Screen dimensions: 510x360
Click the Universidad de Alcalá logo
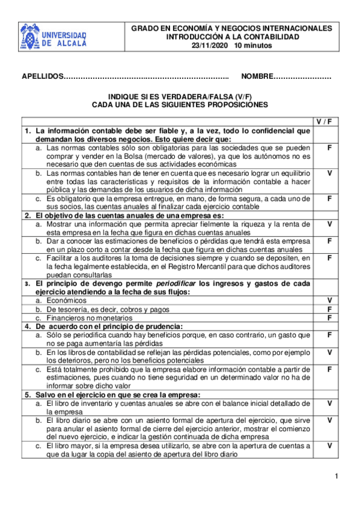[x=53, y=37]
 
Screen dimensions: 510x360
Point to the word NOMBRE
[x=257, y=77]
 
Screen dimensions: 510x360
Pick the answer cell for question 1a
[x=329, y=147]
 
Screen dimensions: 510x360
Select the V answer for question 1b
[x=329, y=173]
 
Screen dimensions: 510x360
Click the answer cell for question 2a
[x=329, y=224]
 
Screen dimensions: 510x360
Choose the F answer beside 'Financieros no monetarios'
[x=329, y=317]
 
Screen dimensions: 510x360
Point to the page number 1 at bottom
[x=337, y=477]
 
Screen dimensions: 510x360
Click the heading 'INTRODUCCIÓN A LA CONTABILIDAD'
[x=232, y=37]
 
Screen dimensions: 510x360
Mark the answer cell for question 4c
[x=329, y=369]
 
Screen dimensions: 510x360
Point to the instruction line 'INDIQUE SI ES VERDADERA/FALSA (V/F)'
[x=180, y=96]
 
